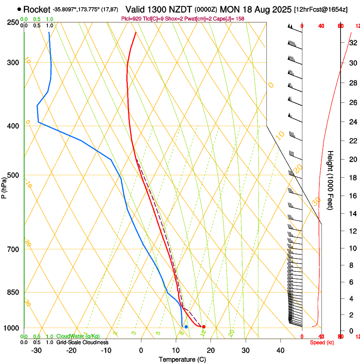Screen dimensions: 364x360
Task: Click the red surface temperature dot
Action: coord(204,327)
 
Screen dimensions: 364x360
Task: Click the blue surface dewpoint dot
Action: coord(186,327)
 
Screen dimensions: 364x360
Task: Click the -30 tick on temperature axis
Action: coord(36,350)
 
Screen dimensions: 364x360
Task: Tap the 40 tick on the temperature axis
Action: coord(280,350)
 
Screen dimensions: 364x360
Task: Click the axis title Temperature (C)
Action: coord(182,359)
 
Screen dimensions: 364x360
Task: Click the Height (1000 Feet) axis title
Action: coord(330,180)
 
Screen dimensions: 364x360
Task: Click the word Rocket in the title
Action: coord(36,9)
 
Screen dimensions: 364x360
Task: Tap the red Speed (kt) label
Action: coord(322,342)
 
